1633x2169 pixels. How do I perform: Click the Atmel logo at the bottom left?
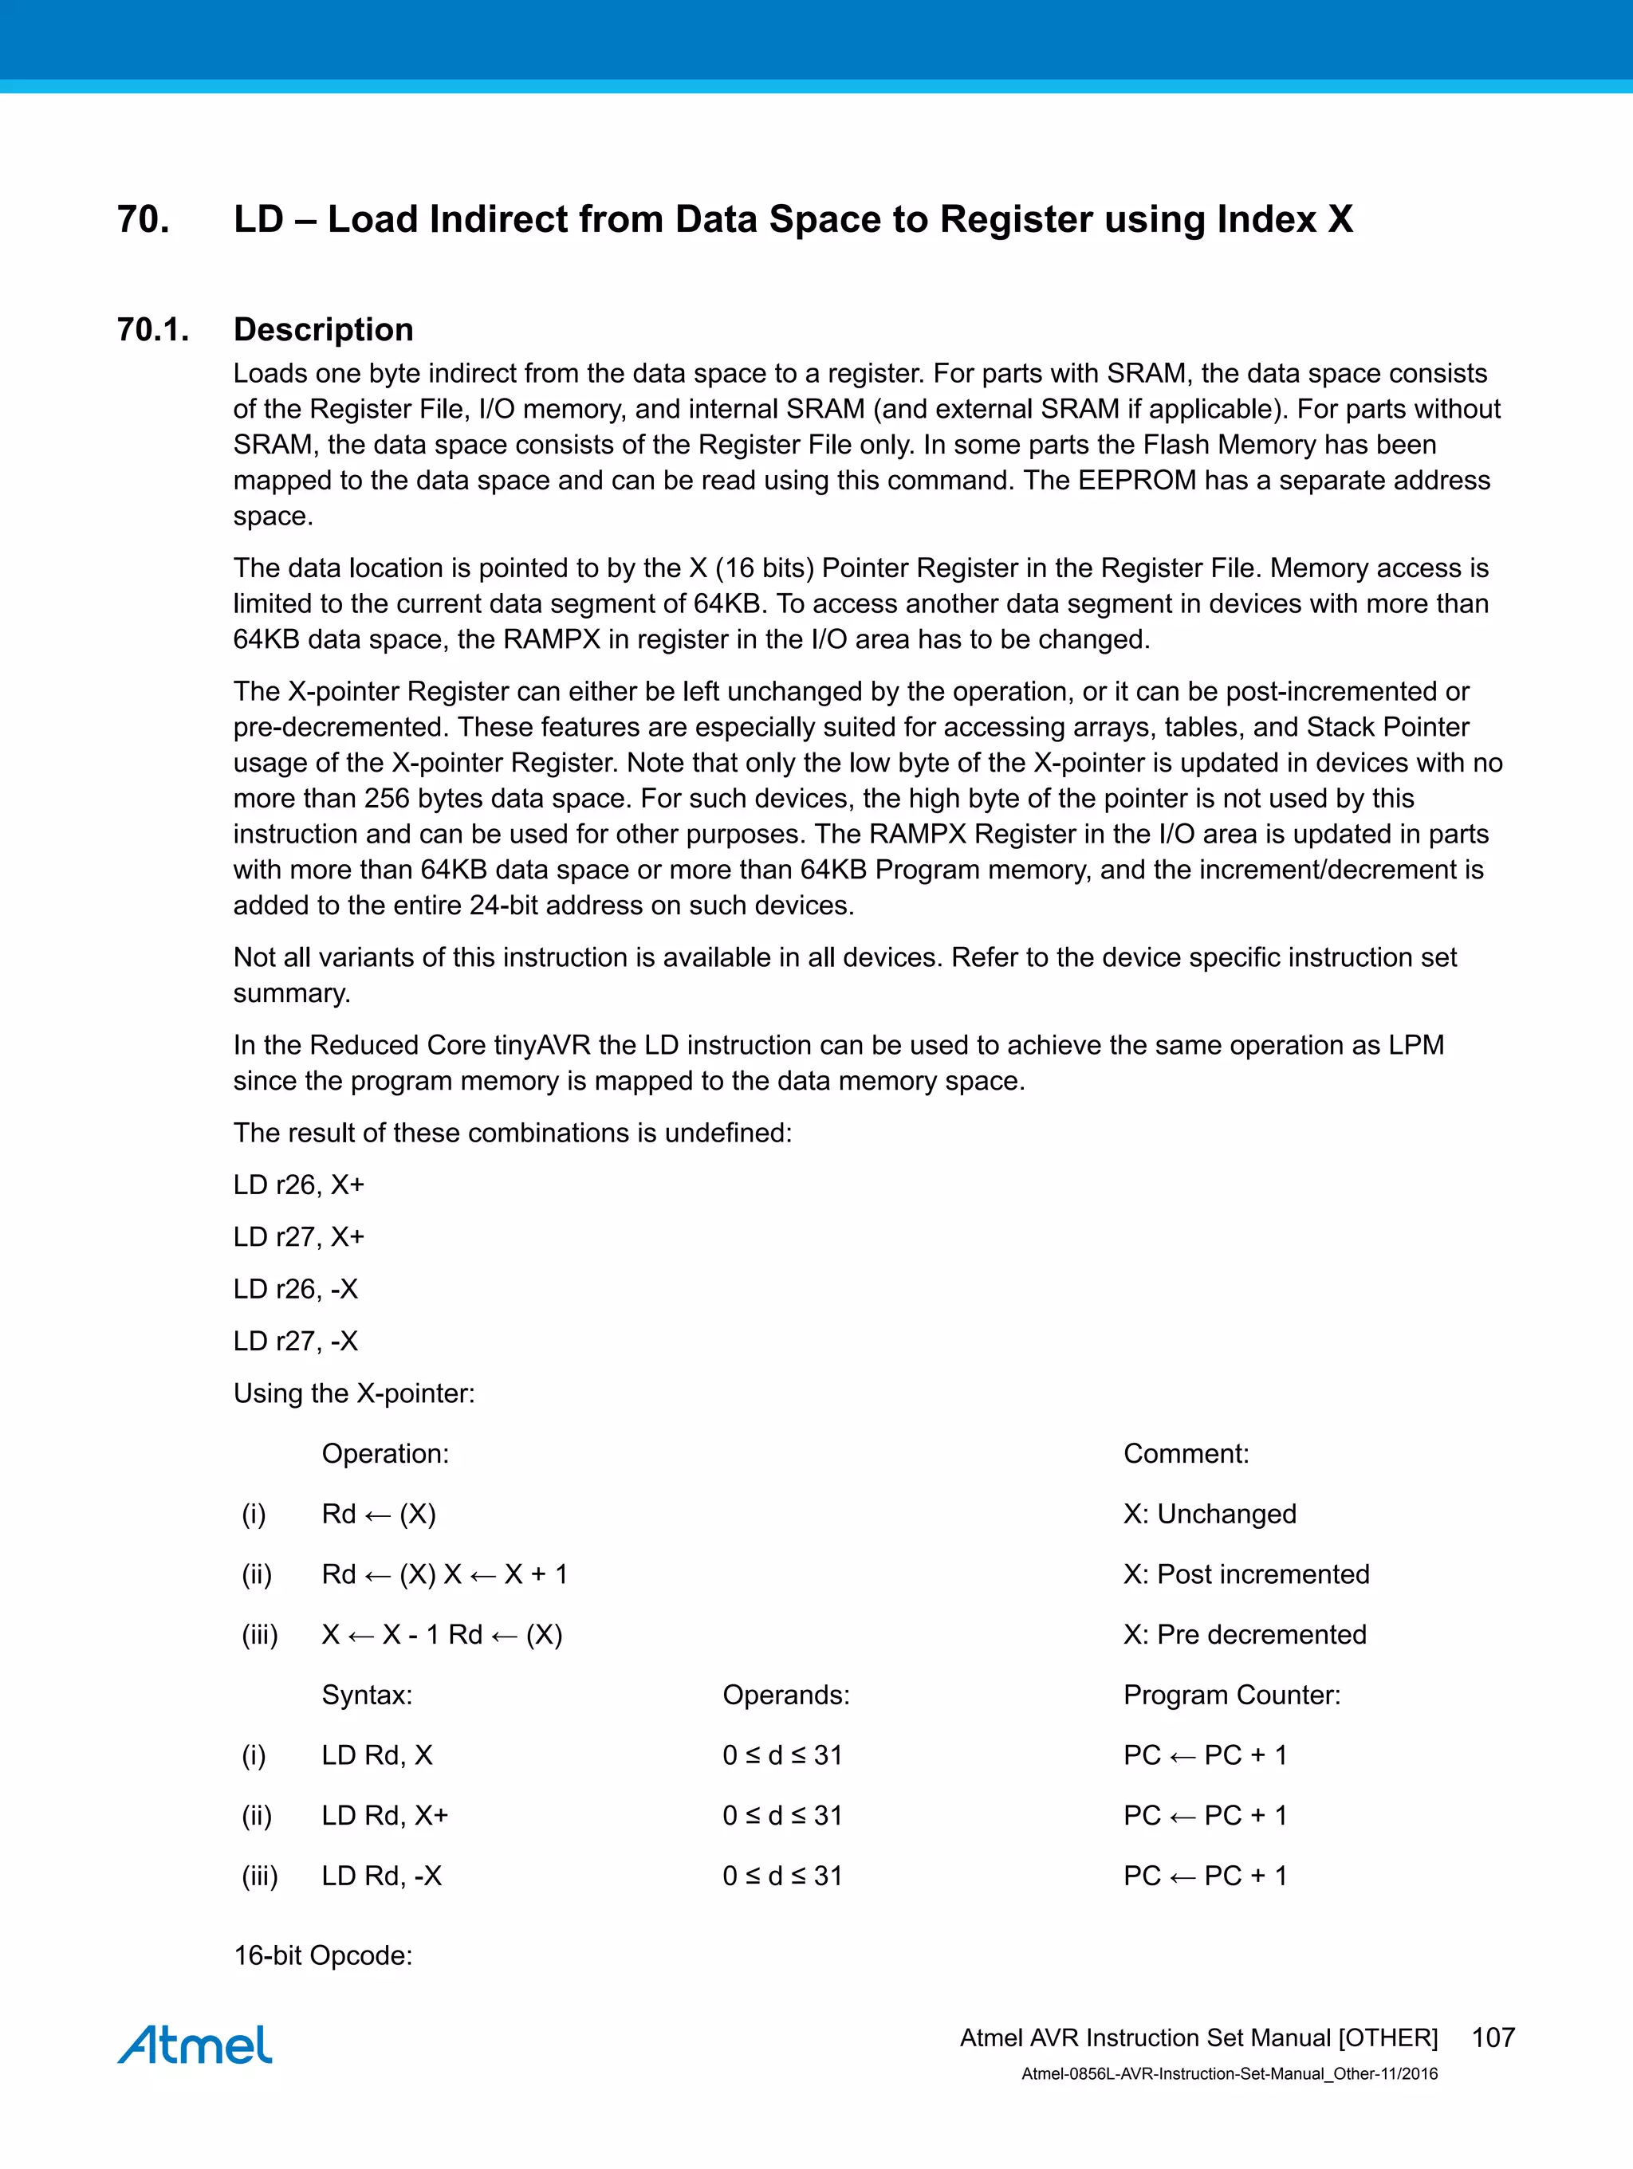tap(195, 2045)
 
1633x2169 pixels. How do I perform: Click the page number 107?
tap(1493, 2037)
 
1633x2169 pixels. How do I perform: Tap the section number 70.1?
tap(153, 329)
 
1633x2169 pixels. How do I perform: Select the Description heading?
tap(323, 329)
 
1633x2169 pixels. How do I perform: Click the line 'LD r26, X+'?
tap(298, 1185)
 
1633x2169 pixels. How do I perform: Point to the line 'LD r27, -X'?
tap(295, 1341)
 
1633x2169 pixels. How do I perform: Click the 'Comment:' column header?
tap(1186, 1453)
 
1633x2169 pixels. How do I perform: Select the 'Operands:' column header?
tap(785, 1695)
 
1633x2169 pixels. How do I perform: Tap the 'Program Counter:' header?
tap(1231, 1695)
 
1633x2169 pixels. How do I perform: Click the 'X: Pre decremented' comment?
tap(1244, 1635)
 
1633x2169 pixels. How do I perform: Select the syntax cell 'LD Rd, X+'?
tap(384, 1815)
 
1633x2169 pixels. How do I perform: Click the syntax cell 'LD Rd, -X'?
tap(381, 1876)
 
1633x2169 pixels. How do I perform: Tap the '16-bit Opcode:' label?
tap(323, 1955)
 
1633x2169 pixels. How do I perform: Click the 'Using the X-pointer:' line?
tap(353, 1393)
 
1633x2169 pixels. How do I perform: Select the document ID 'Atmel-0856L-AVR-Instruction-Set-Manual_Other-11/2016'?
tap(1229, 2074)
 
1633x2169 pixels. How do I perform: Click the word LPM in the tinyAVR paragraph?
tap(1416, 1045)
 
